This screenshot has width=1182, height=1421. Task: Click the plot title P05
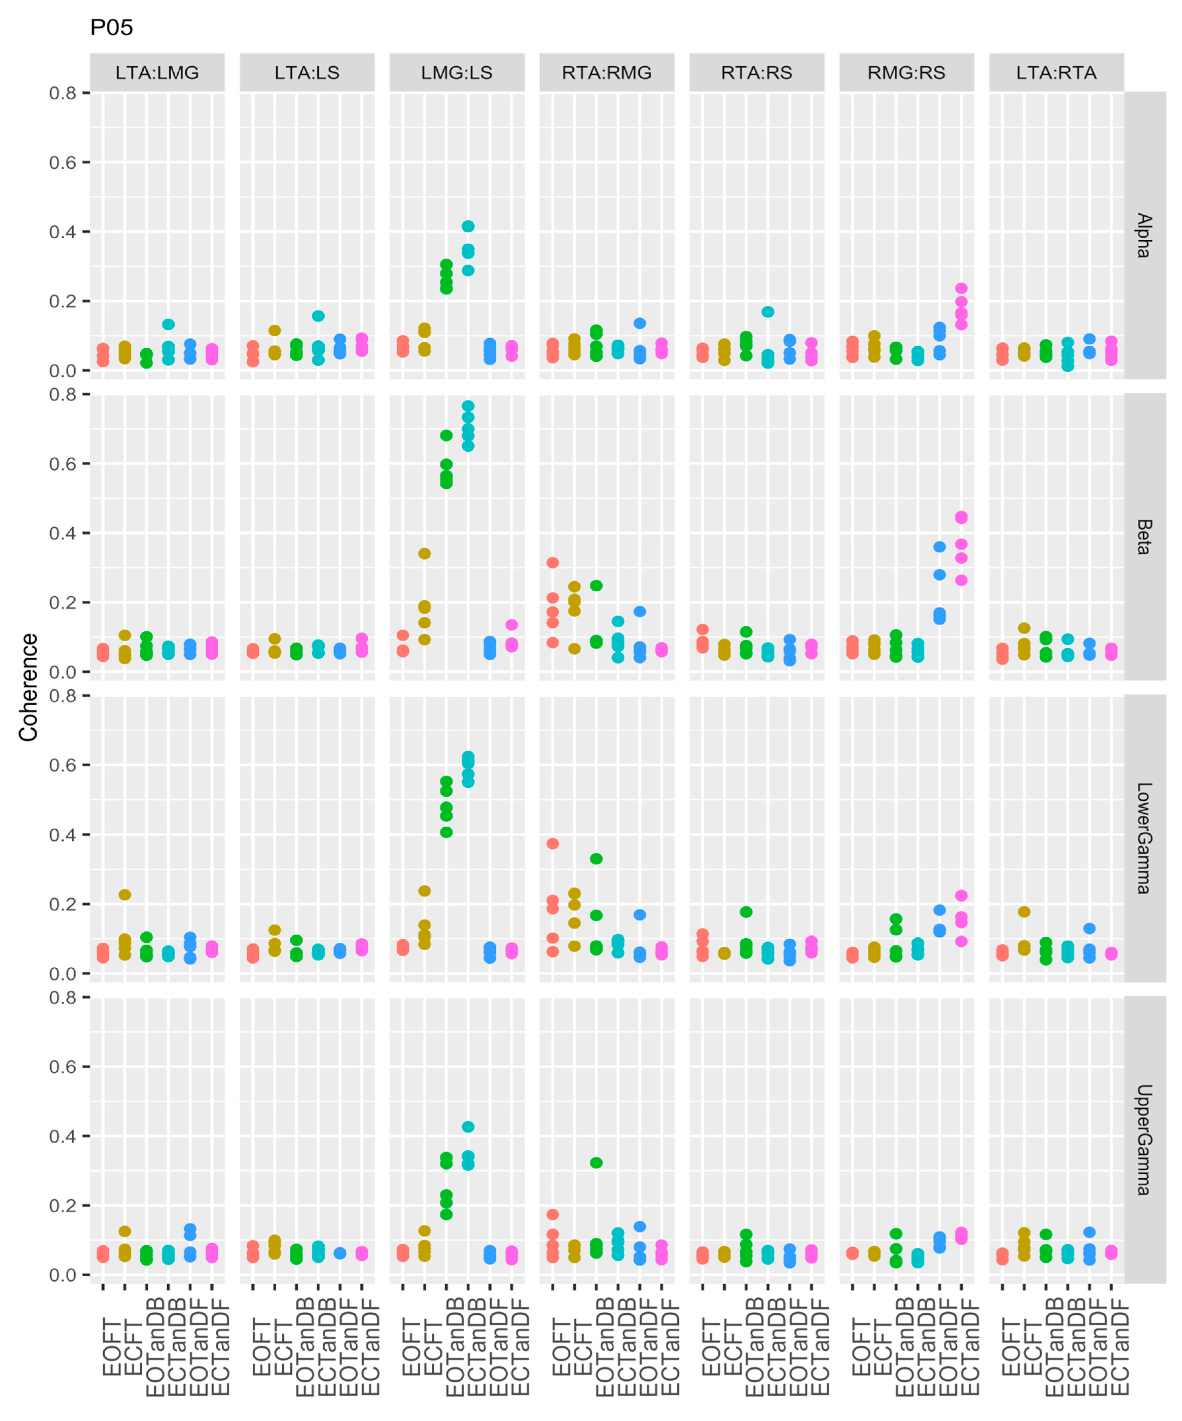tap(112, 28)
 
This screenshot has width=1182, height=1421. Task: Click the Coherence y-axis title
tap(28, 687)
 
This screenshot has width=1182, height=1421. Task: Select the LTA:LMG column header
tap(157, 72)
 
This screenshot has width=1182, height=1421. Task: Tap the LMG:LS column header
tap(457, 72)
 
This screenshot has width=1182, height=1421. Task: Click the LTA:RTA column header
tap(1056, 72)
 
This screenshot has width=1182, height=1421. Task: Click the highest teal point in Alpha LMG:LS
tap(468, 226)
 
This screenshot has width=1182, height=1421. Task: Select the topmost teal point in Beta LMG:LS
tap(468, 406)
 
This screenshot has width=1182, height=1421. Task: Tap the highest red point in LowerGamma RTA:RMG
tap(553, 843)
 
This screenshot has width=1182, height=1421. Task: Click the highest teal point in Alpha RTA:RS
tap(768, 312)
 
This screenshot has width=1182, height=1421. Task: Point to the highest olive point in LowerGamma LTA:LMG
tap(124, 895)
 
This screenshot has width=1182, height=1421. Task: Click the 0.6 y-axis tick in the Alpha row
tap(62, 163)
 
